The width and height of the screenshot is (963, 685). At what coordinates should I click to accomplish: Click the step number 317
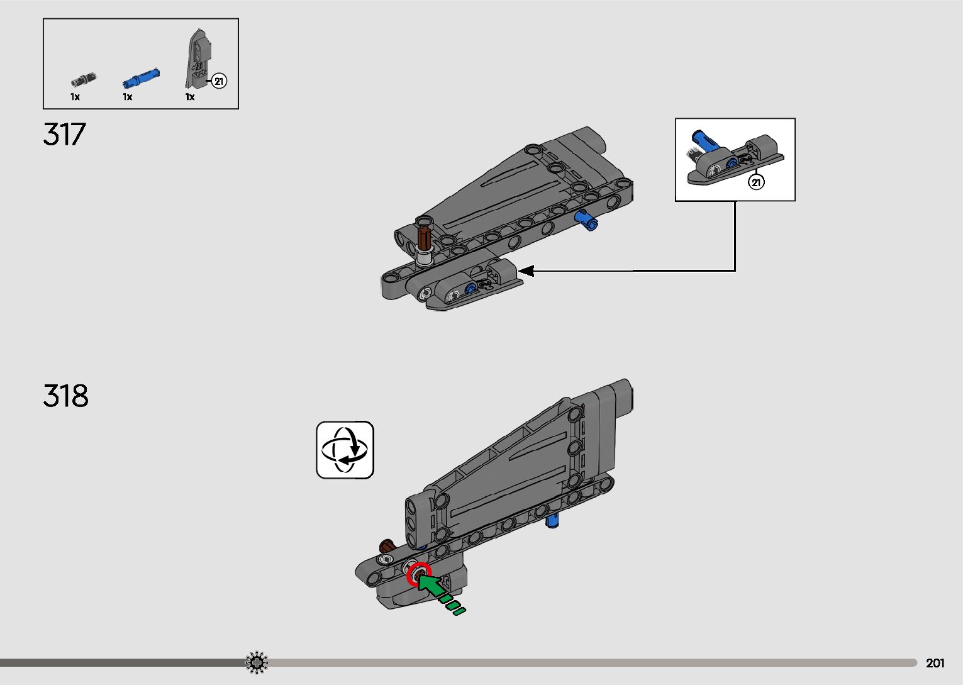(64, 134)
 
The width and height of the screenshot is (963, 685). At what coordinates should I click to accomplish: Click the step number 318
(65, 396)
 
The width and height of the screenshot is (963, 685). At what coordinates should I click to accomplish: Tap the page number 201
(935, 663)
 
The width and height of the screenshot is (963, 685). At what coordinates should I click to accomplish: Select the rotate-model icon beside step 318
(345, 450)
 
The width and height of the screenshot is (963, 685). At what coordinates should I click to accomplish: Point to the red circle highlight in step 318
(419, 574)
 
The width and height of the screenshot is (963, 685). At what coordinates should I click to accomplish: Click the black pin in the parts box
(84, 79)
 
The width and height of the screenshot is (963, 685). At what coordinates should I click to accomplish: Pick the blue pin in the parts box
(141, 78)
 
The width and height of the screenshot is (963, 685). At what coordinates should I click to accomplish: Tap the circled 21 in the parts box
(219, 81)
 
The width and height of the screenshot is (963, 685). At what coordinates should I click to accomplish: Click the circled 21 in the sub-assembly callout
(755, 182)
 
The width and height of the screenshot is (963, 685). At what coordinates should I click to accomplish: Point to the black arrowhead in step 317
(525, 271)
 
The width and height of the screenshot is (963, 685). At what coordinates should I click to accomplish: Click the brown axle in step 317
(425, 237)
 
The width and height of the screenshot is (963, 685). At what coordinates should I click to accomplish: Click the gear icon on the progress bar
(257, 662)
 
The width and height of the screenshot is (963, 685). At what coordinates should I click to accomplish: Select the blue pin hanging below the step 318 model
(552, 520)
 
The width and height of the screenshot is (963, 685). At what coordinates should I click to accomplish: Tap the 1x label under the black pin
(75, 97)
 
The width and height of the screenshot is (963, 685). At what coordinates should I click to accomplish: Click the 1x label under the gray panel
(190, 97)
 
